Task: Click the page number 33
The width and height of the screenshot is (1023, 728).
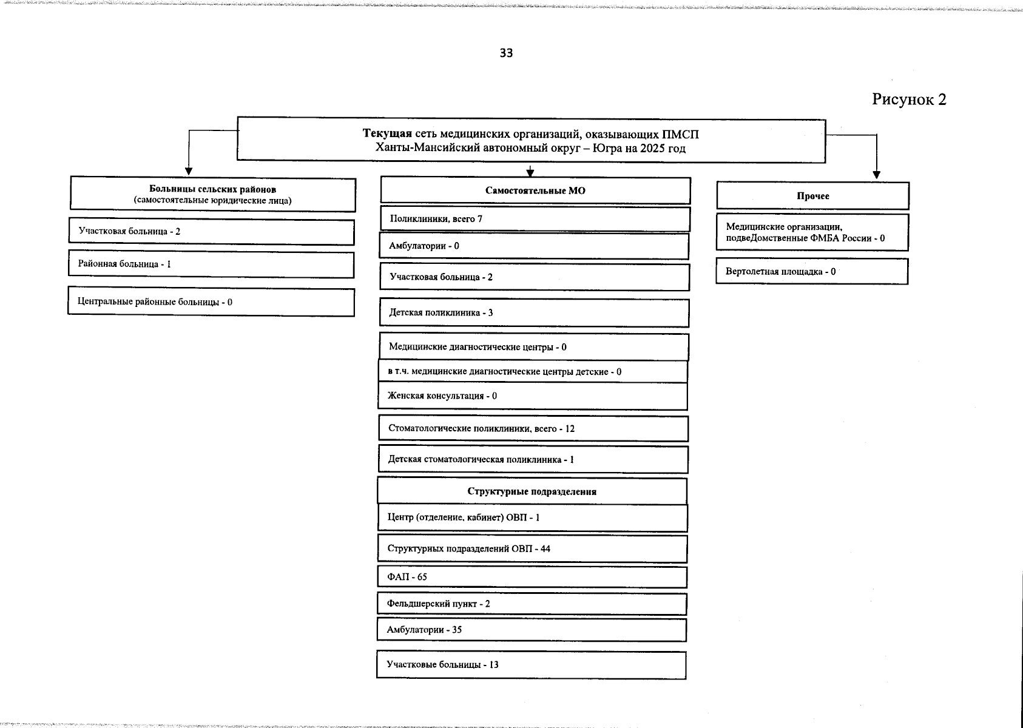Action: point(506,53)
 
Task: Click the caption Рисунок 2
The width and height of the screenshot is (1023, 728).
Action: point(909,99)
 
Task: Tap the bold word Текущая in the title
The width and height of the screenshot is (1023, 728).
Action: point(387,133)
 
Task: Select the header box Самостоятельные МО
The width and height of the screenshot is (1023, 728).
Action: point(535,190)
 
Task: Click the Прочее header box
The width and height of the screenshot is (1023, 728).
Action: point(812,196)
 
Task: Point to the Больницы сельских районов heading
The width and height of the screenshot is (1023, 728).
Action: point(213,190)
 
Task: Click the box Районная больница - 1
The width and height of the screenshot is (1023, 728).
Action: point(211,265)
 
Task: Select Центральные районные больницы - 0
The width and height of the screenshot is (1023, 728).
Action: point(211,302)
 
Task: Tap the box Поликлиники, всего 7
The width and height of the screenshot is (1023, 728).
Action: point(535,219)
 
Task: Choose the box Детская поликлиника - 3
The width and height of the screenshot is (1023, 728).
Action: point(534,313)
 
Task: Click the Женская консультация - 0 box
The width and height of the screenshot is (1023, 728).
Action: point(533,396)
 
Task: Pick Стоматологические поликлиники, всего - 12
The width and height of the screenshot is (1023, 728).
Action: point(533,429)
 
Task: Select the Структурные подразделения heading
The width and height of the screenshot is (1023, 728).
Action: point(532,491)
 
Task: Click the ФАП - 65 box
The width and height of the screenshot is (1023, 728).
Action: point(532,577)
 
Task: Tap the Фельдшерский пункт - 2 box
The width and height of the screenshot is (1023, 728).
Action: point(532,604)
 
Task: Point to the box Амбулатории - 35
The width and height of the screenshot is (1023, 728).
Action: point(532,630)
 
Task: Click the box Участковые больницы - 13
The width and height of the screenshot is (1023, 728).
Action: point(532,665)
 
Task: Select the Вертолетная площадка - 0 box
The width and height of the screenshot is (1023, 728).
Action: point(812,272)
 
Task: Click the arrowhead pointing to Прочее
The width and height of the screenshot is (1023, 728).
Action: point(876,175)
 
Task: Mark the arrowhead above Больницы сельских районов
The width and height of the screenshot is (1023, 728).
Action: point(189,170)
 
